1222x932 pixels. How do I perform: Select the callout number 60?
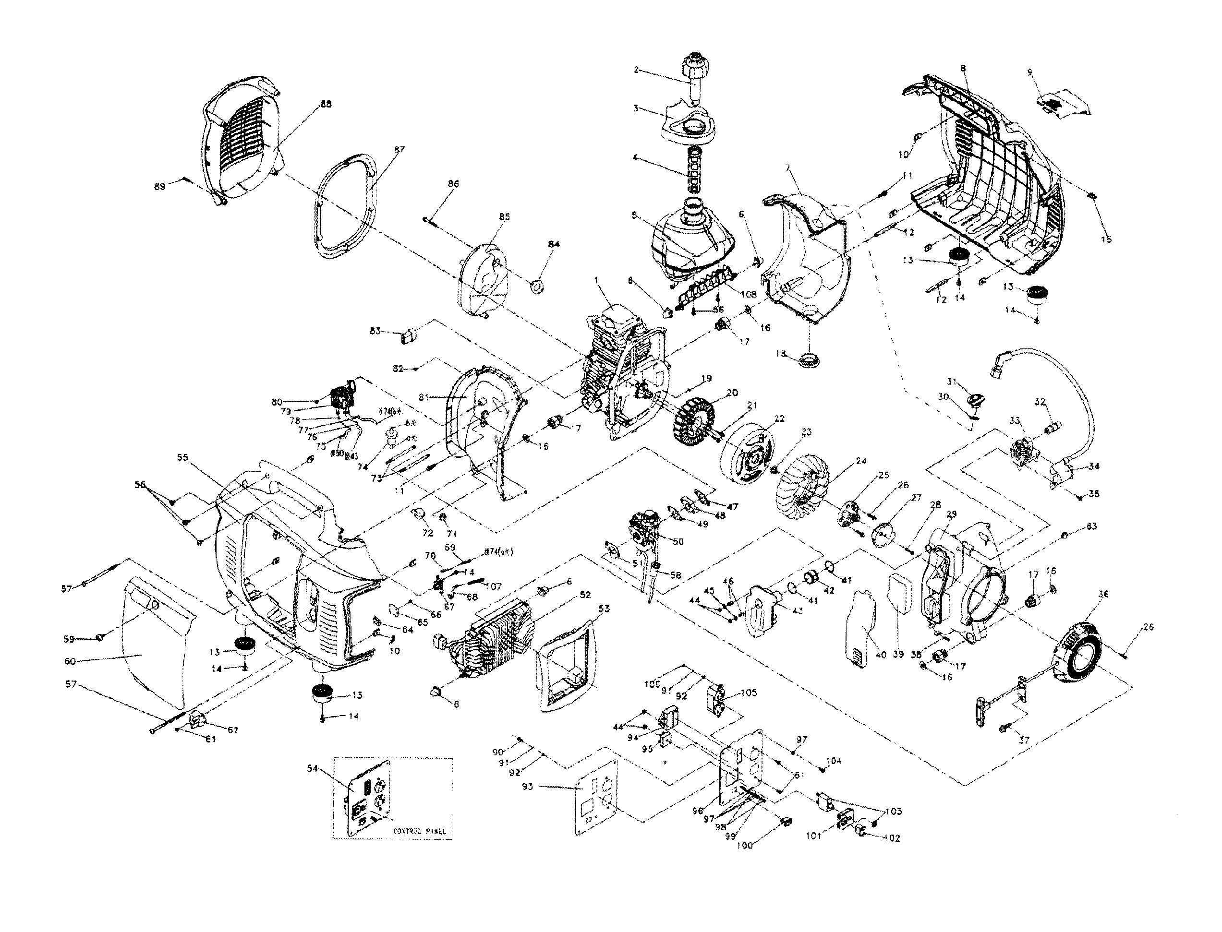tap(70, 661)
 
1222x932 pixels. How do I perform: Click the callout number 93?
tap(527, 787)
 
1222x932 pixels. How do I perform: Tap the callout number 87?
tap(399, 149)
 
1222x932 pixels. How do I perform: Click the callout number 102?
tap(892, 838)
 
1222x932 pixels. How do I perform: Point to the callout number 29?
tap(952, 515)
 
